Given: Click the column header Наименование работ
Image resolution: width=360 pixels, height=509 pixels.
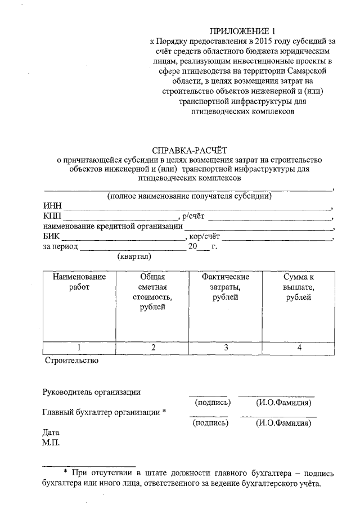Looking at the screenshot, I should pyautogui.click(x=79, y=282).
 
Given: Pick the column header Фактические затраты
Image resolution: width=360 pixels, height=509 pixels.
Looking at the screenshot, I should pyautogui.click(x=226, y=287).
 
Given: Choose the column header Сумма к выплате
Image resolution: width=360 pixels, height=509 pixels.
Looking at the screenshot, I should pyautogui.click(x=299, y=287).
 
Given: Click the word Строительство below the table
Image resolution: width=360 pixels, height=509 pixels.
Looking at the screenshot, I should pyautogui.click(x=71, y=361).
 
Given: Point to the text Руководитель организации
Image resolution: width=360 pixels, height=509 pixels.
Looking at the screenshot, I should pyautogui.click(x=92, y=392).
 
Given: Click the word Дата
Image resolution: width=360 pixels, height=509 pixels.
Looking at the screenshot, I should pyautogui.click(x=51, y=433).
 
